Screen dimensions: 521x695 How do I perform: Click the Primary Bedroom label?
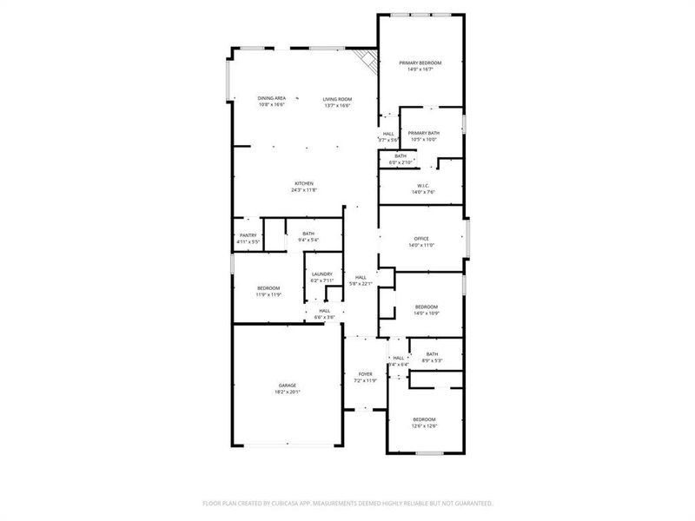[420, 63]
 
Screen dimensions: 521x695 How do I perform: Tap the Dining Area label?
[271, 99]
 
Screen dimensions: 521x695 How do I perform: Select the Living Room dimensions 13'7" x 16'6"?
[337, 106]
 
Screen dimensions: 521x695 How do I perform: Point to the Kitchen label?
[303, 183]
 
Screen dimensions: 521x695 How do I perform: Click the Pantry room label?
[248, 234]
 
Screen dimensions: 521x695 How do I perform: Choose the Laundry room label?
[321, 274]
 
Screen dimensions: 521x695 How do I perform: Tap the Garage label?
[288, 386]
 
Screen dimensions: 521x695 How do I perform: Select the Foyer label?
[366, 374]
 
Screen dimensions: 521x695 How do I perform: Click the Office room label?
[421, 239]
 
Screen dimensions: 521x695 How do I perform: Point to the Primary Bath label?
[424, 133]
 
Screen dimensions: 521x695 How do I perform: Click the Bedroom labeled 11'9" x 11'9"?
[268, 288]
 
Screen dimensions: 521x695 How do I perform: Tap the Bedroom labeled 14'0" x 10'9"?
[426, 307]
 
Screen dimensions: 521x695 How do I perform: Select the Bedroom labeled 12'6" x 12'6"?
[424, 419]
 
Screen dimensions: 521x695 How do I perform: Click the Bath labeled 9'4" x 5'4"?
[308, 234]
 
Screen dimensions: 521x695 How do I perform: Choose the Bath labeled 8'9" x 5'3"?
[432, 354]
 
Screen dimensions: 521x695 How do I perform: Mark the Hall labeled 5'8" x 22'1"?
[360, 277]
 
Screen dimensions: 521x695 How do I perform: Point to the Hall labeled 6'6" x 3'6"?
[324, 311]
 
